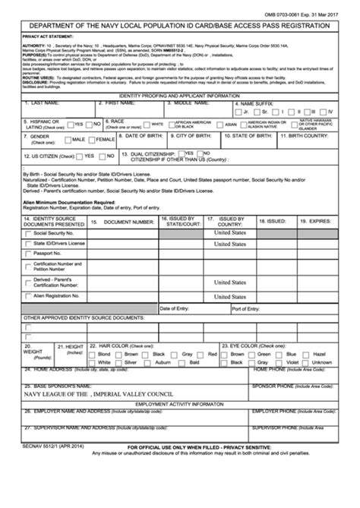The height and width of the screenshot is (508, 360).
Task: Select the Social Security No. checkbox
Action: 29,233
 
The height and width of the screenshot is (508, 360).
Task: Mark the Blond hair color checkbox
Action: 93,355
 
